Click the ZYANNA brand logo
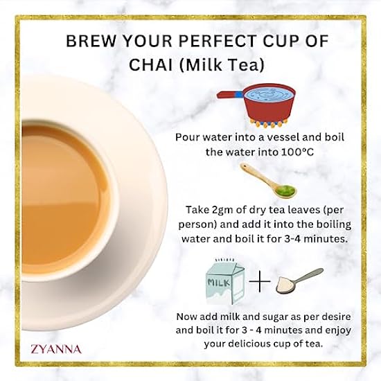coord(56,349)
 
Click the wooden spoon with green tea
coord(268,180)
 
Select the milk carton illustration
coord(225,282)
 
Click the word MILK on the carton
coord(219,283)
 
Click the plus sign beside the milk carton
coord(260,281)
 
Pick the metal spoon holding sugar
coord(299,281)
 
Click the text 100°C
coord(297,152)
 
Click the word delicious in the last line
coord(254,344)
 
